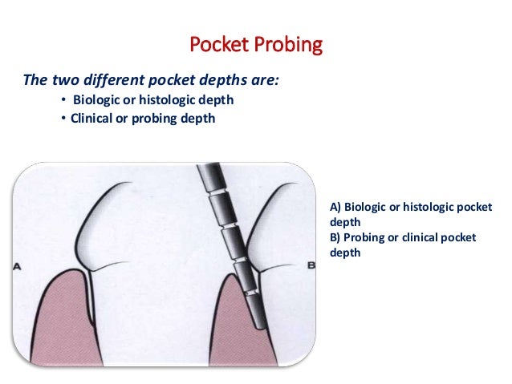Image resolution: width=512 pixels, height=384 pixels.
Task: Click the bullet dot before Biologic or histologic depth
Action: [63, 100]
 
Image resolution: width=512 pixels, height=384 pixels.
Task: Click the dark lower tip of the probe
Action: [259, 321]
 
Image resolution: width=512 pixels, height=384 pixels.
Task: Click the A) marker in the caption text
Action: [335, 208]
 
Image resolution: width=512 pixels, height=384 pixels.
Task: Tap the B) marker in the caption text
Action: [335, 238]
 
